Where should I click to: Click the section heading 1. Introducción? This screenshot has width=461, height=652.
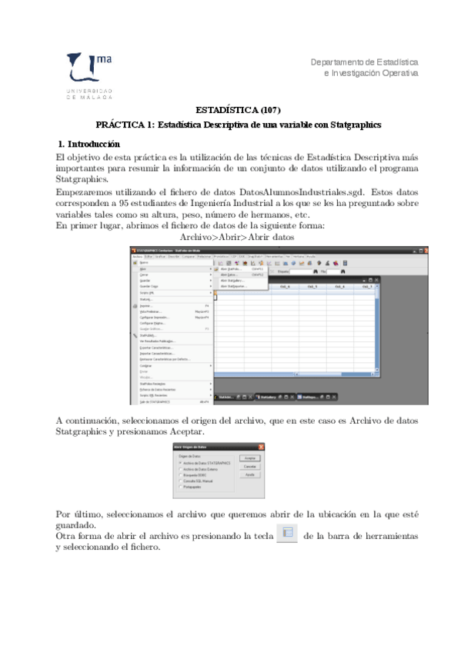(x=89, y=144)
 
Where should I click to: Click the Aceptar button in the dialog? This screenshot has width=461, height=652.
(x=249, y=457)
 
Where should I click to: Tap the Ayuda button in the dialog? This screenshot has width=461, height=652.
(x=249, y=475)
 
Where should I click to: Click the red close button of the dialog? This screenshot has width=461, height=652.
(x=262, y=447)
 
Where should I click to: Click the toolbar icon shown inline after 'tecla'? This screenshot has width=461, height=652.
(x=286, y=534)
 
